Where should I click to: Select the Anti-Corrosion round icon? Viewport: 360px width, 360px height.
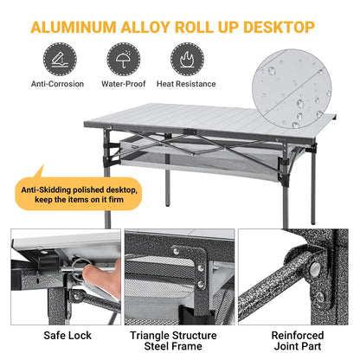(x=56, y=59)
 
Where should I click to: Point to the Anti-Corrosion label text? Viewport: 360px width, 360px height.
(x=56, y=84)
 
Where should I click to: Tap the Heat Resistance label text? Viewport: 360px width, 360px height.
(x=185, y=84)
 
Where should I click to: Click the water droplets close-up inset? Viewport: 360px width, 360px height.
(x=291, y=91)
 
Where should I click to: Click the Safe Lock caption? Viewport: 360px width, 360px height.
(x=61, y=335)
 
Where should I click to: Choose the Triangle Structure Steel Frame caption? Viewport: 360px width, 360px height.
(x=179, y=340)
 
